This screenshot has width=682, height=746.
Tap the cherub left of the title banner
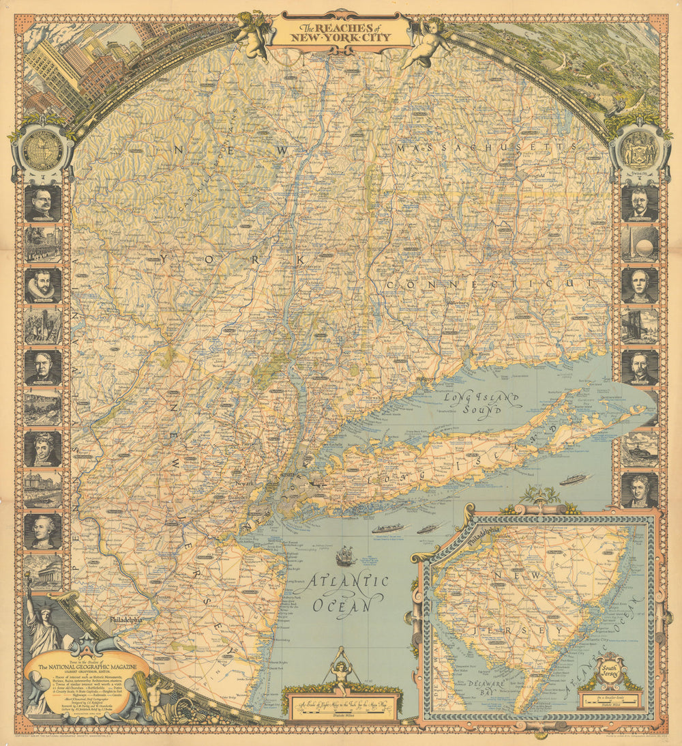(x=252, y=35)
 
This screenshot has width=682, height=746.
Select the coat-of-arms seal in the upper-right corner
(x=639, y=147)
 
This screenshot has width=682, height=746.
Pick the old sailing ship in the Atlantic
(x=346, y=556)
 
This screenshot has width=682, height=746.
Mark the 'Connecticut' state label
(x=488, y=283)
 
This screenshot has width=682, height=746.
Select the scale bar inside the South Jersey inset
(x=610, y=699)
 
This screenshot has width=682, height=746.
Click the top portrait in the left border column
(x=43, y=203)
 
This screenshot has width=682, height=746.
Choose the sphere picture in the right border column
(x=639, y=244)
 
